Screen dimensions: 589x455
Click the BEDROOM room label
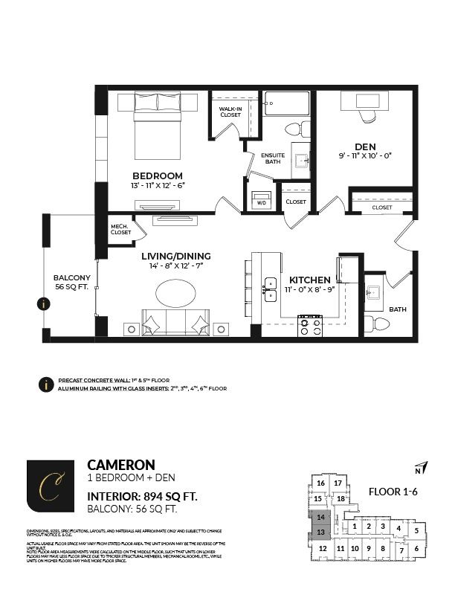tap(158, 176)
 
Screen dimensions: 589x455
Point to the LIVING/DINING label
tap(176, 255)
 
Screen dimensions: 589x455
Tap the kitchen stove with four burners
tap(309, 326)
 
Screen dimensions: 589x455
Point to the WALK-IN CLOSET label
tap(229, 112)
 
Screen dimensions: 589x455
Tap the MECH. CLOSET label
tap(120, 229)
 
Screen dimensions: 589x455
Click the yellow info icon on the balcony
tap(45, 303)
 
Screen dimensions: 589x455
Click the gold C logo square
tap(51, 486)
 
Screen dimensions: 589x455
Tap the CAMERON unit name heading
tap(121, 464)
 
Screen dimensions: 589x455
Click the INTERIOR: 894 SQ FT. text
tap(143, 495)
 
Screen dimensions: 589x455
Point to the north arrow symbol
tap(419, 467)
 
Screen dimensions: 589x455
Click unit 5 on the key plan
tap(416, 530)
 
